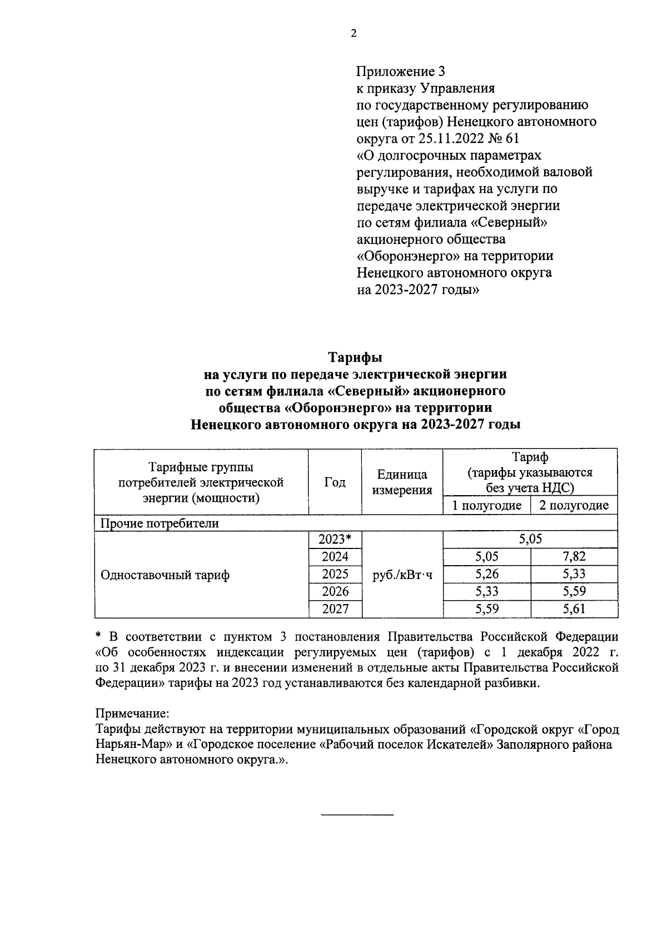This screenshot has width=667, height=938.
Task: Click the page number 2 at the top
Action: (354, 33)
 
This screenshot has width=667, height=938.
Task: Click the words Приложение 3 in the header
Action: (400, 71)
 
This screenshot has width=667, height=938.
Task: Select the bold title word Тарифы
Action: (355, 356)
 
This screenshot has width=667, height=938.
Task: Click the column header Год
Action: (335, 482)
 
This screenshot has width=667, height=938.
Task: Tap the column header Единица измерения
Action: (402, 482)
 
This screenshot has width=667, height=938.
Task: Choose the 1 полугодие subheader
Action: (486, 505)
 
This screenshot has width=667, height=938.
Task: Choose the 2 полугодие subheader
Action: (574, 505)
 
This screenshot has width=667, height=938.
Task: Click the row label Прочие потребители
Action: (160, 523)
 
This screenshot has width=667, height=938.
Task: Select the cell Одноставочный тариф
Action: (165, 575)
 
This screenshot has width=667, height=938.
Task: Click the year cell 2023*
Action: (335, 539)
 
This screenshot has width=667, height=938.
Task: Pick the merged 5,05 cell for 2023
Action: (530, 539)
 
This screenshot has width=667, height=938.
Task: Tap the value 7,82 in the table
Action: (574, 556)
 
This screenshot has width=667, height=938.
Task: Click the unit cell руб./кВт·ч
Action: (402, 575)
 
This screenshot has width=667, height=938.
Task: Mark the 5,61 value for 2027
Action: (574, 608)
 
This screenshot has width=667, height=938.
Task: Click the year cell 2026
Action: (335, 591)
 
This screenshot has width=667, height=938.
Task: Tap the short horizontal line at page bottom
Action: (357, 815)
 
